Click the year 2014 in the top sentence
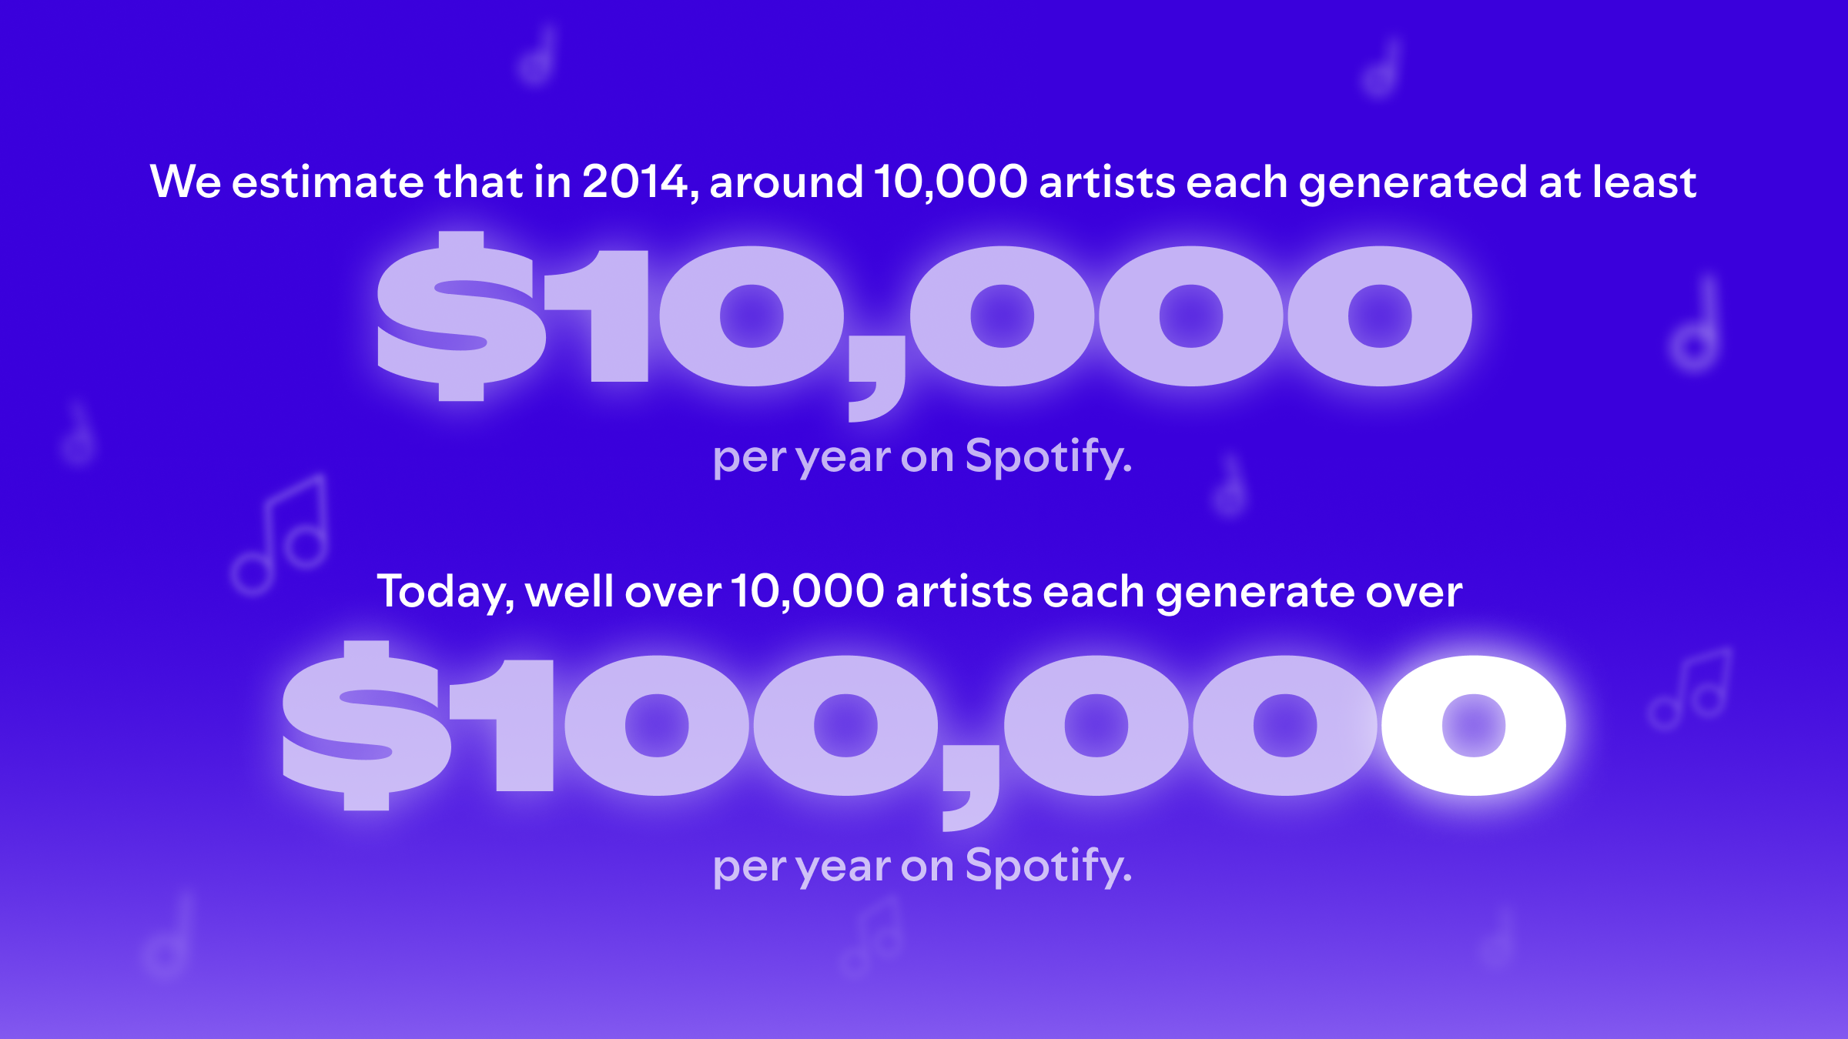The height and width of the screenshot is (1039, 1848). (x=634, y=182)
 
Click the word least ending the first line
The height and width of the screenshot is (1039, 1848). (x=1645, y=182)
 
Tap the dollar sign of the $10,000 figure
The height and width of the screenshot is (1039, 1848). (x=462, y=316)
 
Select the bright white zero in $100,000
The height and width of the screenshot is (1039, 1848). (x=1473, y=725)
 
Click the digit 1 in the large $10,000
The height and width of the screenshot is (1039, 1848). (x=598, y=316)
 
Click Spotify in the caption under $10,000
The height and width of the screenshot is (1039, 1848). (x=1049, y=457)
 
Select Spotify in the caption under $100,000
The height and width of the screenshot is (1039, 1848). (x=1049, y=867)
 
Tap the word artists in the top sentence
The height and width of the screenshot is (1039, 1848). (x=1107, y=182)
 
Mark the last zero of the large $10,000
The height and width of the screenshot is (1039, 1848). (x=1380, y=316)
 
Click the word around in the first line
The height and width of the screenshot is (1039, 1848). (x=786, y=182)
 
